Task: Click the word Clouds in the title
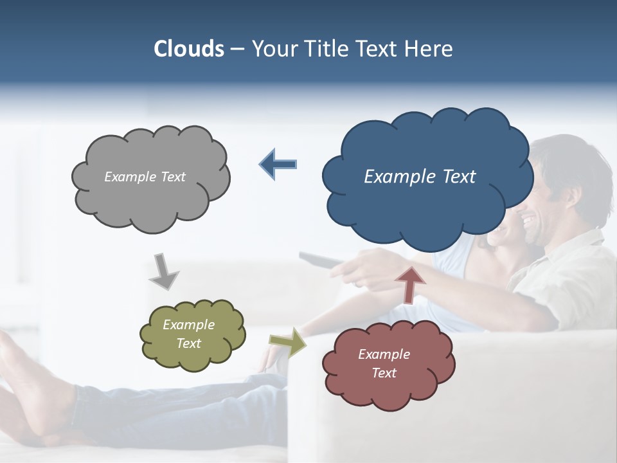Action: [x=188, y=49]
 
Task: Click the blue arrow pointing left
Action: [x=278, y=164]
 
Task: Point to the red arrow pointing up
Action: [x=410, y=284]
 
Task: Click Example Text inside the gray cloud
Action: [x=145, y=177]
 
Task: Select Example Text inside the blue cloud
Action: [x=420, y=177]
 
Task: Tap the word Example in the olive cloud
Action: [x=188, y=325]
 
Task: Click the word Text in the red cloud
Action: [x=384, y=373]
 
